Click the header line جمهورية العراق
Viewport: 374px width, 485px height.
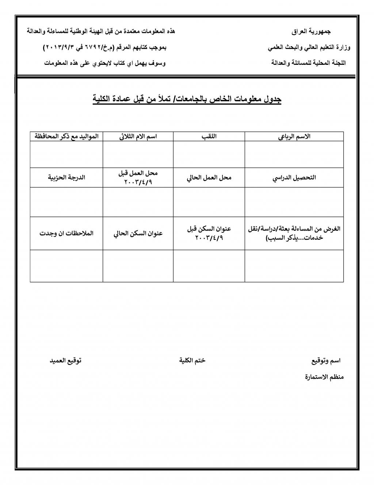coord(311,32)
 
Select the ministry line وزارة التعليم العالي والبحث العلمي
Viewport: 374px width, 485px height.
coord(309,48)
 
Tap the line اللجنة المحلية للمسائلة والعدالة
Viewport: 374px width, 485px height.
coord(309,63)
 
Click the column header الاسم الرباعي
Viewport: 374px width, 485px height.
coord(294,137)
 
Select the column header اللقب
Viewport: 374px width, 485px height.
coord(209,137)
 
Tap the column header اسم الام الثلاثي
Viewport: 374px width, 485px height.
coord(138,137)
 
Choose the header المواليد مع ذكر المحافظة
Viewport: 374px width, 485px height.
coord(66,137)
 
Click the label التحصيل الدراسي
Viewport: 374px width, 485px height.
coord(294,178)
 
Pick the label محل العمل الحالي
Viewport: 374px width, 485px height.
coord(209,178)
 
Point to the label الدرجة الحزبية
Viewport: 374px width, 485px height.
coord(66,178)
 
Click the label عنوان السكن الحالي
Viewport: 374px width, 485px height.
coord(138,234)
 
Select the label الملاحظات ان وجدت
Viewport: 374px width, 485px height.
coord(66,234)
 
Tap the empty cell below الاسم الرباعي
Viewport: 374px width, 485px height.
coord(294,154)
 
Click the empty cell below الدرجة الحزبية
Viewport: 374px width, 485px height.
coord(66,202)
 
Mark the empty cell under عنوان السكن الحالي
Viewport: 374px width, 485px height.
coord(138,266)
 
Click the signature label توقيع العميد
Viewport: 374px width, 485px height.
coord(66,361)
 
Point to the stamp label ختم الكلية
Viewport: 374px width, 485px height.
coord(192,361)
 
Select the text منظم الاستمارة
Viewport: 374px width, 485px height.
coord(324,377)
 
